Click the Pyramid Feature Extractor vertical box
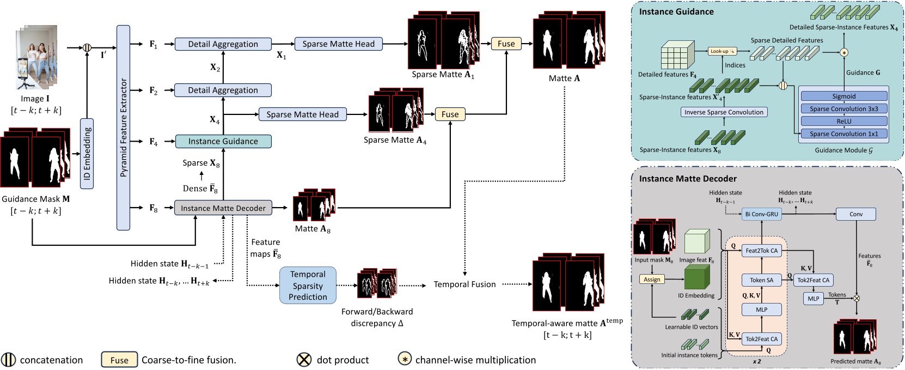coord(123,128)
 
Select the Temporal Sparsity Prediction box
coord(308,285)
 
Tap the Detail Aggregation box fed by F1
coord(223,44)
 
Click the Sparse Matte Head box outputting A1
coord(338,44)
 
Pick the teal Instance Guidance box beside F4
coord(223,141)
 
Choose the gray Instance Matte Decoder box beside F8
coord(223,208)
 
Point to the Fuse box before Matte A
coord(506,44)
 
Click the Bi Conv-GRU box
coord(761,214)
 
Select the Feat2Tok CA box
coord(761,251)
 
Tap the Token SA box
coord(761,280)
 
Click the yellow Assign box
coord(652,280)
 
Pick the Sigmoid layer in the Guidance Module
coord(843,96)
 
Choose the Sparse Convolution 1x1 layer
coord(843,134)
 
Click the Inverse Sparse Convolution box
coord(724,112)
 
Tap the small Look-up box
coord(723,51)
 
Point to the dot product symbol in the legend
coord(304,360)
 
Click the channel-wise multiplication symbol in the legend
coord(405,360)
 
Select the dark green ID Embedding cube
coord(697,277)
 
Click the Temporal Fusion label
coord(464,284)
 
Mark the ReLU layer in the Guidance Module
coord(843,122)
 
